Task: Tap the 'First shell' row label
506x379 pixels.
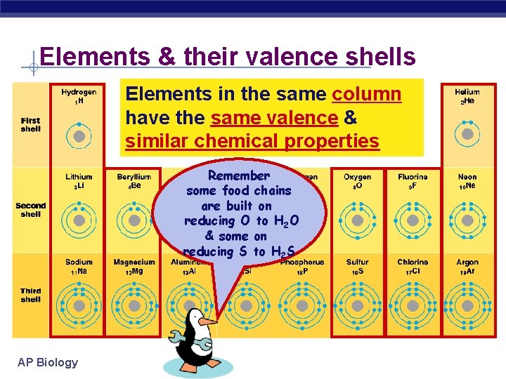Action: click(x=31, y=125)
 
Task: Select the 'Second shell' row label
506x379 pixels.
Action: click(x=31, y=210)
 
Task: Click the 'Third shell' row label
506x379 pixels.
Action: click(x=31, y=295)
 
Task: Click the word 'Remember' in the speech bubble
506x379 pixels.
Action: click(x=239, y=175)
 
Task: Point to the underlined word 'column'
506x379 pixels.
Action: click(x=366, y=94)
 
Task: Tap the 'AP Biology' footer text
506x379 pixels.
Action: click(x=48, y=362)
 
